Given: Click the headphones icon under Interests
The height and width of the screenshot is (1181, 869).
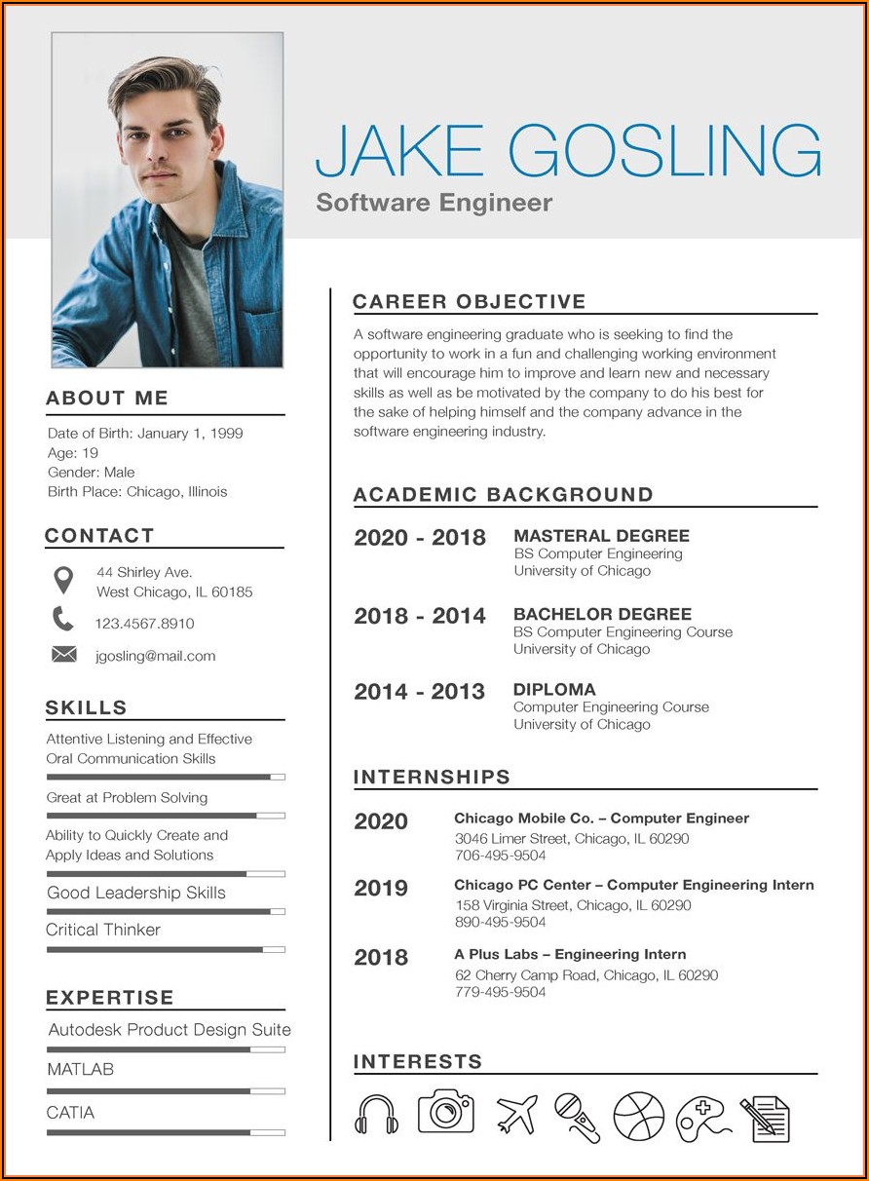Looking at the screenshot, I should click(376, 1114).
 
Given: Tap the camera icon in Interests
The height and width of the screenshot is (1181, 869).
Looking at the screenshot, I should click(446, 1111).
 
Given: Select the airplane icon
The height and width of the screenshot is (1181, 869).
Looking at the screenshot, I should click(516, 1115).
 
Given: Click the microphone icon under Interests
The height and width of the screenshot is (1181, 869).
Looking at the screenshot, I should click(578, 1117).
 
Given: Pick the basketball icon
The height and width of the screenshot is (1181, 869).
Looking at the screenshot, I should click(638, 1117).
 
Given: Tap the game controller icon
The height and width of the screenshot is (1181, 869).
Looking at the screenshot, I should click(701, 1118).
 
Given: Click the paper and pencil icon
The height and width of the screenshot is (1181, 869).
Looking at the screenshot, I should click(765, 1119).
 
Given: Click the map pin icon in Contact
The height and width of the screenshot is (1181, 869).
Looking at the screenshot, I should click(63, 580).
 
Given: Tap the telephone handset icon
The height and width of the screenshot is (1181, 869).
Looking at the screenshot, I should click(63, 619).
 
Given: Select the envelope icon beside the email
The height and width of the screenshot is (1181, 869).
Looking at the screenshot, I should click(63, 655).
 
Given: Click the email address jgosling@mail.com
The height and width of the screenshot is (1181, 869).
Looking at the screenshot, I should click(155, 656).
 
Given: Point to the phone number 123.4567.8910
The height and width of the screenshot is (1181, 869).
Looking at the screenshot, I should click(144, 624).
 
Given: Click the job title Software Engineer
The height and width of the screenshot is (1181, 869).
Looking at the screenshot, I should click(434, 203).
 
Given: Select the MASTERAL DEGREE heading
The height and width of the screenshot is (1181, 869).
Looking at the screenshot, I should click(601, 536).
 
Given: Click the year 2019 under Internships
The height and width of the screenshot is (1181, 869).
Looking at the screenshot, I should click(381, 888).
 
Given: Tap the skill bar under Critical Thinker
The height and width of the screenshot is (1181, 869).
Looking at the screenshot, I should click(165, 948).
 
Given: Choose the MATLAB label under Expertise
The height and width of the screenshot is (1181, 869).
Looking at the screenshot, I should click(80, 1069).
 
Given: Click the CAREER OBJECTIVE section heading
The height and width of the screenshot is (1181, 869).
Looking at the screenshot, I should click(470, 302).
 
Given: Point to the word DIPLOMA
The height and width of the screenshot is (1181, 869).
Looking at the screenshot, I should click(554, 690).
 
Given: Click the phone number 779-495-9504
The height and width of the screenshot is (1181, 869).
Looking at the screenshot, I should click(500, 992).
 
